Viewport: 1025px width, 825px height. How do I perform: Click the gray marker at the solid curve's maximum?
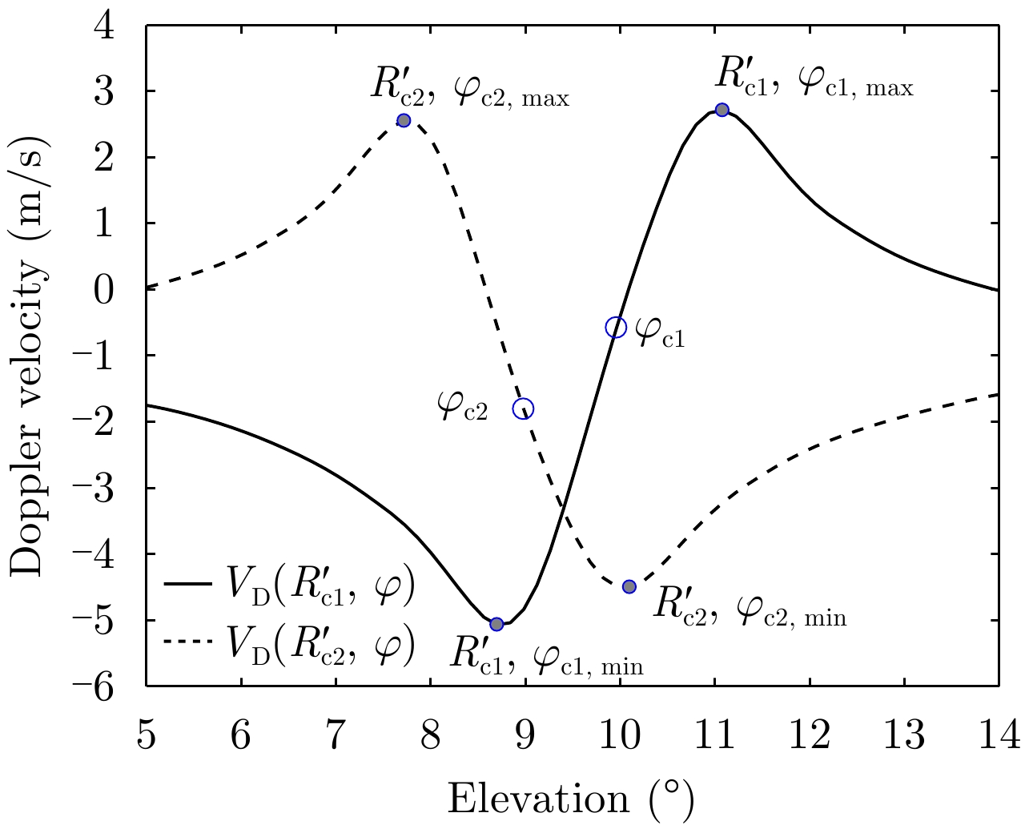[722, 110]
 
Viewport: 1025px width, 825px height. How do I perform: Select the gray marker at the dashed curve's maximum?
[404, 120]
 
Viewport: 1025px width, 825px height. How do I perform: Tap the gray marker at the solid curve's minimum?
[496, 624]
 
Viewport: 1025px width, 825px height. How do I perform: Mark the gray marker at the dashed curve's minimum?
[629, 586]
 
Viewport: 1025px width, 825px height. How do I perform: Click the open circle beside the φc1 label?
[615, 327]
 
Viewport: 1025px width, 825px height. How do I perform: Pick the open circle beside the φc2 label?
[523, 408]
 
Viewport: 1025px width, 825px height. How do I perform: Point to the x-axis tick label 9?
[525, 734]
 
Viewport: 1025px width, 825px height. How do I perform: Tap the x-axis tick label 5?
[147, 734]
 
